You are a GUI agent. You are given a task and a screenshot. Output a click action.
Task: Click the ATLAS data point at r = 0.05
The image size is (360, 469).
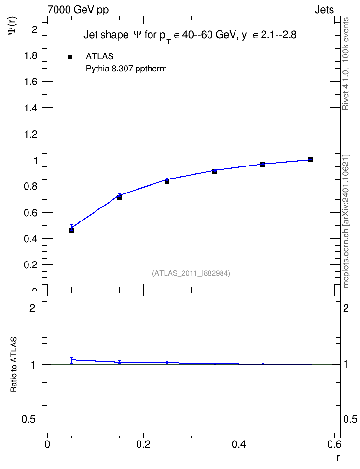point(71,230)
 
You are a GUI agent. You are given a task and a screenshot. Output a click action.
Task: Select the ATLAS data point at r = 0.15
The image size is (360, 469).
point(119,198)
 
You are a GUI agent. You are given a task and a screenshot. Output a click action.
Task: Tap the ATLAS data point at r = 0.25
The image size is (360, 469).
point(167,181)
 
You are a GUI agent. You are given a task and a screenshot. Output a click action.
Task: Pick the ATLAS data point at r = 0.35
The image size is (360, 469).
point(215,171)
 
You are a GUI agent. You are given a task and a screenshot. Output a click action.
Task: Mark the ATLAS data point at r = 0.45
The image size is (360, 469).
point(263,164)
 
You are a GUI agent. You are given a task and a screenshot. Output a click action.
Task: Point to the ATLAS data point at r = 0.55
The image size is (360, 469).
point(311,160)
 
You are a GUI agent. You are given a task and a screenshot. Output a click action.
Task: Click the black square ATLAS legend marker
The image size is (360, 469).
point(70,57)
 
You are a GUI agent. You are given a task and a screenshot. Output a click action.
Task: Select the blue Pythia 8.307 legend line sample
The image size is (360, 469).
point(70,69)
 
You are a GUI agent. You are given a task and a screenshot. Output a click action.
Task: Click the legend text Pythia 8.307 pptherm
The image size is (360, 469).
point(126,69)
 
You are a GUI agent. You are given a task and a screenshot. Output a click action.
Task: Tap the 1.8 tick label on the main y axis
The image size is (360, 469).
point(31,55)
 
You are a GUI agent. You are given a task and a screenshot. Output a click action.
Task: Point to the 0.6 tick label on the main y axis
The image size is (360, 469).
point(31,213)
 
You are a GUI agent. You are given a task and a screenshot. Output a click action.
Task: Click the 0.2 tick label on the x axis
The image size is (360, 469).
point(143,444)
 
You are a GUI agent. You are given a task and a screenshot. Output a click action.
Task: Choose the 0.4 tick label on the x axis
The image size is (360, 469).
point(239,444)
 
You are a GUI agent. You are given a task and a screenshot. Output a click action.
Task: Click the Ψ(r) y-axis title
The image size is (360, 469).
point(13,25)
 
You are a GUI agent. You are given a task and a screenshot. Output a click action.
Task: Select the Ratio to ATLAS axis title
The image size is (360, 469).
point(14,364)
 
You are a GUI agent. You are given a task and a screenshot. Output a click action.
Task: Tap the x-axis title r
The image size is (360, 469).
point(338,457)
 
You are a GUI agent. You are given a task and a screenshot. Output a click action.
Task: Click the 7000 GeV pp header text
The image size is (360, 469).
point(78,10)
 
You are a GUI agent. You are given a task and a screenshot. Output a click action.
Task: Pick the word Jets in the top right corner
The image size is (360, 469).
point(324,10)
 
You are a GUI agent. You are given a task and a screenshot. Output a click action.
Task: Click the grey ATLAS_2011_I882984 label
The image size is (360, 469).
point(191,273)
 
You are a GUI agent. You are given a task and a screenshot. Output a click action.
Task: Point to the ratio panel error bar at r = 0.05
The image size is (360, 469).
point(71,360)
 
